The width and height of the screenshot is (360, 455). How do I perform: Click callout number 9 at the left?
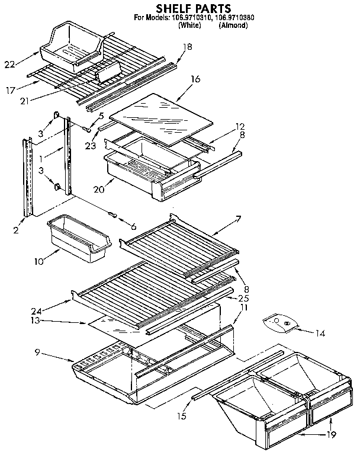point(37,352)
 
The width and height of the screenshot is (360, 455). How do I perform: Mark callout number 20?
point(99,190)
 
